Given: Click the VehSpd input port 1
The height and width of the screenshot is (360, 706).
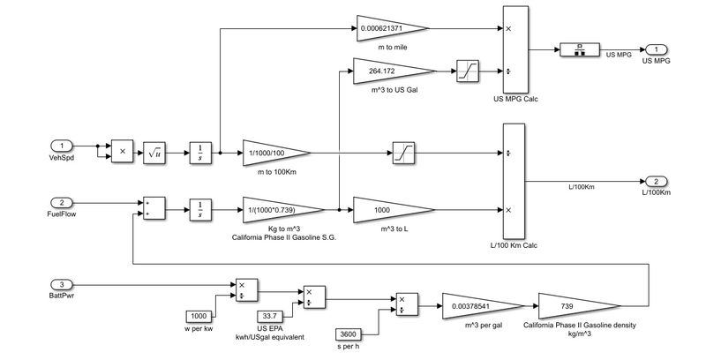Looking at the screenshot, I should tap(61, 146).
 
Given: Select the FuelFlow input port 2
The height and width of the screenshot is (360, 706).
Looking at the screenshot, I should tap(61, 202).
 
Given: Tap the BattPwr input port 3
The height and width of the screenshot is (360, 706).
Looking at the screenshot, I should tap(61, 283).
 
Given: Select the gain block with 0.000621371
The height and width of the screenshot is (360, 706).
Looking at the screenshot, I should tap(388, 27).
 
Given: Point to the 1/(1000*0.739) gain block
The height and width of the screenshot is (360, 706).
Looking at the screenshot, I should tap(276, 210).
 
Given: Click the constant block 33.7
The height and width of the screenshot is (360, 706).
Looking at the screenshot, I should tap(270, 315).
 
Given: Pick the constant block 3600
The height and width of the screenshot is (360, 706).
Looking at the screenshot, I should tap(349, 334).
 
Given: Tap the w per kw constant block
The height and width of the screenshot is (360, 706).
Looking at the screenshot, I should tap(200, 316).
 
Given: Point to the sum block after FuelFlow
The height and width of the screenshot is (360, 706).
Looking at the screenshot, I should tap(151, 208).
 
